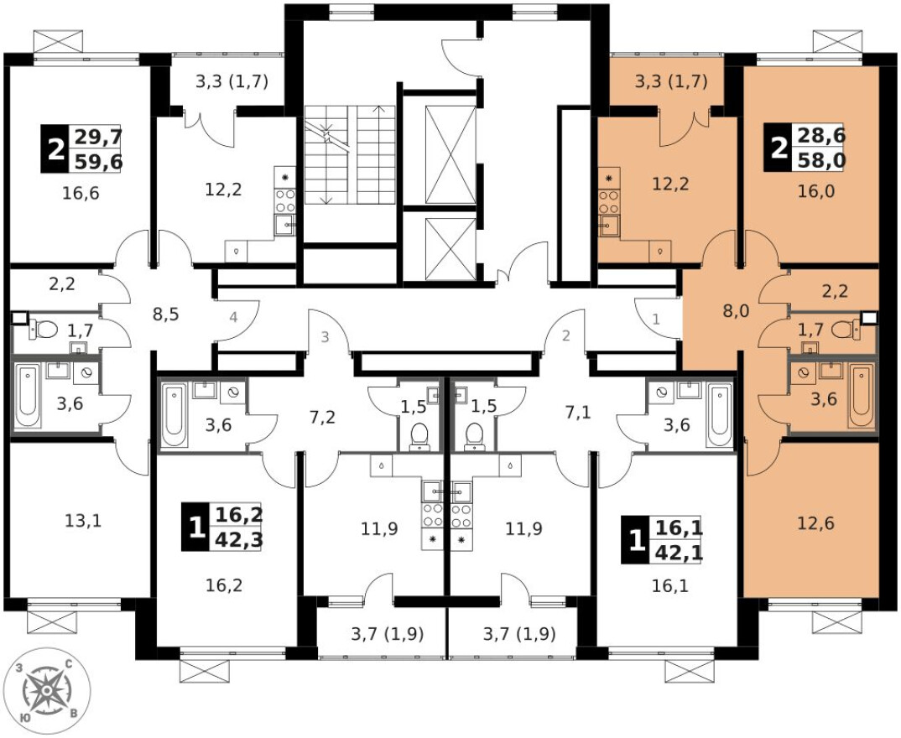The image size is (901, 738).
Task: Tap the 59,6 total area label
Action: tap(98, 161)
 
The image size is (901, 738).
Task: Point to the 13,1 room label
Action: tap(82, 521)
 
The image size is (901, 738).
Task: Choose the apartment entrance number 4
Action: tap(234, 318)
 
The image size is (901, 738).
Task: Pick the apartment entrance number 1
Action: tap(656, 320)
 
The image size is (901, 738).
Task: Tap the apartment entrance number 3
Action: tap(326, 338)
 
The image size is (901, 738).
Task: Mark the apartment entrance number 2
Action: tap(565, 337)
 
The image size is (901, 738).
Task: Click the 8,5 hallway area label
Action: tap(165, 314)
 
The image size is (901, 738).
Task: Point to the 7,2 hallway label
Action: tap(322, 416)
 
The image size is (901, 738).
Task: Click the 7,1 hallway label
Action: tap(577, 413)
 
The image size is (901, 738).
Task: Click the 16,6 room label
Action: tap(81, 195)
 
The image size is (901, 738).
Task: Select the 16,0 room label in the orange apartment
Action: tap(813, 190)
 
